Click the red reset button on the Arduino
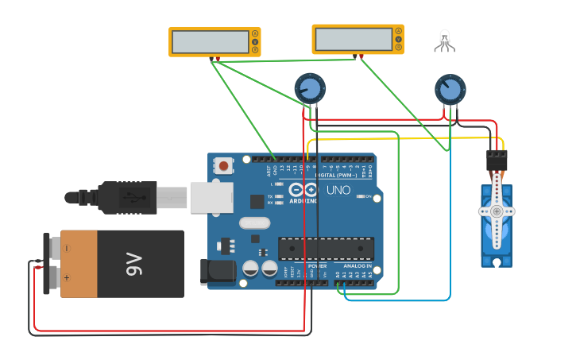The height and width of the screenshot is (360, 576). (x=224, y=166)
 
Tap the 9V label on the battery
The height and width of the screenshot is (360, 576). (x=132, y=264)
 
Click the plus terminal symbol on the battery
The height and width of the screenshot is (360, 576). (x=68, y=278)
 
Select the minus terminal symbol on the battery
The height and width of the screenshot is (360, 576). (x=68, y=249)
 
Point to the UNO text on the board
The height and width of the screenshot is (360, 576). (x=338, y=190)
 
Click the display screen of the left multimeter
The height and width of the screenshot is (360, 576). (x=210, y=41)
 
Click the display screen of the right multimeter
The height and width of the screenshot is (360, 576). (x=353, y=38)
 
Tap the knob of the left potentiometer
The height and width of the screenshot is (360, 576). (x=310, y=88)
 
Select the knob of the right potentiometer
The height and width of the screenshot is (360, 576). (x=450, y=88)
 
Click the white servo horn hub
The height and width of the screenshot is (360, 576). (x=497, y=211)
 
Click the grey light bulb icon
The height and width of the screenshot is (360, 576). (x=444, y=40)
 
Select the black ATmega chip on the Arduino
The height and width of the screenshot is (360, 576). (x=326, y=248)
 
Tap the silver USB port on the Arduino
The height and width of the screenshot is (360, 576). (x=211, y=197)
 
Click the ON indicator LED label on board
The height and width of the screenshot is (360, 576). (x=367, y=195)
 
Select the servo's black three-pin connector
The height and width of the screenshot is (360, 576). (x=497, y=161)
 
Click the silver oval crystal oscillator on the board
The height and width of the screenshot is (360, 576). (x=254, y=223)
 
